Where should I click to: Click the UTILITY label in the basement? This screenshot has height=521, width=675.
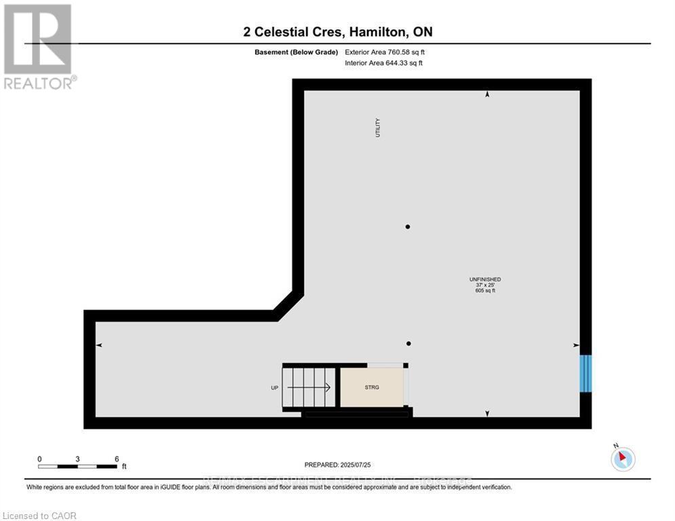pos(378,128)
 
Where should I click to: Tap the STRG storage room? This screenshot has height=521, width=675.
pos(372,387)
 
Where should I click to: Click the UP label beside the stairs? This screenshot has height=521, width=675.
pos(274,387)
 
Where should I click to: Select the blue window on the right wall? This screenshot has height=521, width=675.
pos(585,373)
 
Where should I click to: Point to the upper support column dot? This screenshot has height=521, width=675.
pos(408,227)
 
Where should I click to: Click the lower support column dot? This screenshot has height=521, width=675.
pos(408,343)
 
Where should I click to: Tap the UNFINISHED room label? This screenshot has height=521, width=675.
pos(485,279)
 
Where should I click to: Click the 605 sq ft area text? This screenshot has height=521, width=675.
pos(485,290)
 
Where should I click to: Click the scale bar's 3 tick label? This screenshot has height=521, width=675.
pos(78,459)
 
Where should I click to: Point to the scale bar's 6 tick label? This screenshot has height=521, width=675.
pos(117,459)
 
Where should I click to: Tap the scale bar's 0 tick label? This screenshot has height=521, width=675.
pos(39,459)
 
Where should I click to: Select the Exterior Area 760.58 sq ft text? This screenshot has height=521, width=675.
pos(385,52)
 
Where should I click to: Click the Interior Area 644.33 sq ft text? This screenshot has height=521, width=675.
pos(384,63)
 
